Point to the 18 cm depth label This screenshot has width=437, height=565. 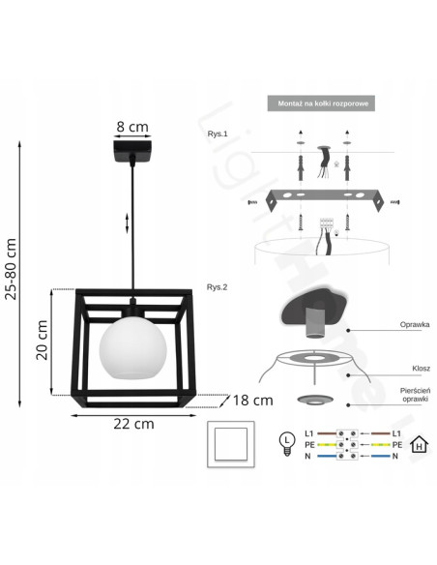point(253,400)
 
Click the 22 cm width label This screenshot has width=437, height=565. point(132,423)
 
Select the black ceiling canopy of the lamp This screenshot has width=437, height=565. point(131,154)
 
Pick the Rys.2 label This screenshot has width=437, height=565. point(217,287)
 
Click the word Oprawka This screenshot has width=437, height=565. point(414,328)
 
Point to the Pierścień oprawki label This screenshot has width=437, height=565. point(412,395)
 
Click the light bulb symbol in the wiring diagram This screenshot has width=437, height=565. point(286,442)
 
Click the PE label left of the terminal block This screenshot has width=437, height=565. point(308,444)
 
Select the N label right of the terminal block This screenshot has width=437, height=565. point(396,457)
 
